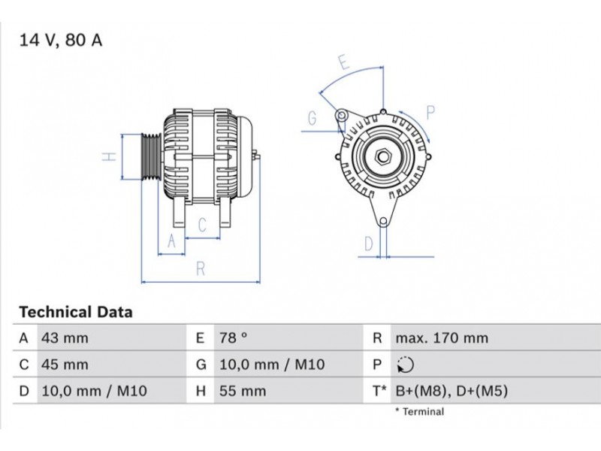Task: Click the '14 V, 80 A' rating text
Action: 61,41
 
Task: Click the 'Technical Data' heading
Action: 76,312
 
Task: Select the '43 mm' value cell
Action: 65,337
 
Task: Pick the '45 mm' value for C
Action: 65,365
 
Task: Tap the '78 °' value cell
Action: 234,337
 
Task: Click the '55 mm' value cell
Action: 243,391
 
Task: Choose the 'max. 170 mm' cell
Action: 442,337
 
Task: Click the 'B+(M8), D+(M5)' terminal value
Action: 452,391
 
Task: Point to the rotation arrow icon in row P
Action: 405,365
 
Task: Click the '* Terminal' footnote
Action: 420,411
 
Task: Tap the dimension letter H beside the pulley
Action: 109,156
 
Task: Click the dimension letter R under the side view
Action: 201,269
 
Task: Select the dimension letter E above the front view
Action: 344,62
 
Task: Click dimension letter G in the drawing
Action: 313,119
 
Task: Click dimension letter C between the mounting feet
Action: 202,225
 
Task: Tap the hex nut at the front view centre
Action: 382,156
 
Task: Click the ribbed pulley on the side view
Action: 150,156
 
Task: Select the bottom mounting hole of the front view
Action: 383,222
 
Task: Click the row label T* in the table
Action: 379,391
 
